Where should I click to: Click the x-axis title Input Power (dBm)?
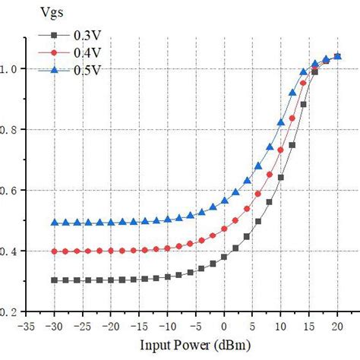click(x=180, y=347)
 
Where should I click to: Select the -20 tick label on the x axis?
click(x=111, y=326)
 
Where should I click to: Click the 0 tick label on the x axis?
click(x=224, y=326)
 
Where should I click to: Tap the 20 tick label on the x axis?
click(x=337, y=326)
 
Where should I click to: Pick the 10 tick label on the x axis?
click(x=280, y=326)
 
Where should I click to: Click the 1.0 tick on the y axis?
click(x=10, y=68)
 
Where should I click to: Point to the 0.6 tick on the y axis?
click(x=10, y=190)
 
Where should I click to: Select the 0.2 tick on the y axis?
click(x=10, y=311)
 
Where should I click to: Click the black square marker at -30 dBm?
click(x=54, y=280)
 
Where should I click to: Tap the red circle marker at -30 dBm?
click(x=54, y=251)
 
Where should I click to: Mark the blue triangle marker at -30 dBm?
click(x=54, y=223)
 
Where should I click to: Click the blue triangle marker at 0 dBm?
click(x=224, y=201)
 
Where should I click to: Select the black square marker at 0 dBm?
click(x=224, y=257)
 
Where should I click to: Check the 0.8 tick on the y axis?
click(x=10, y=129)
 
